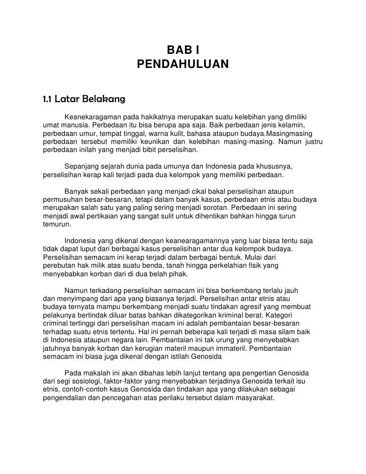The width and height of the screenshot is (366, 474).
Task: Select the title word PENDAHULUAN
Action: [x=183, y=65]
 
